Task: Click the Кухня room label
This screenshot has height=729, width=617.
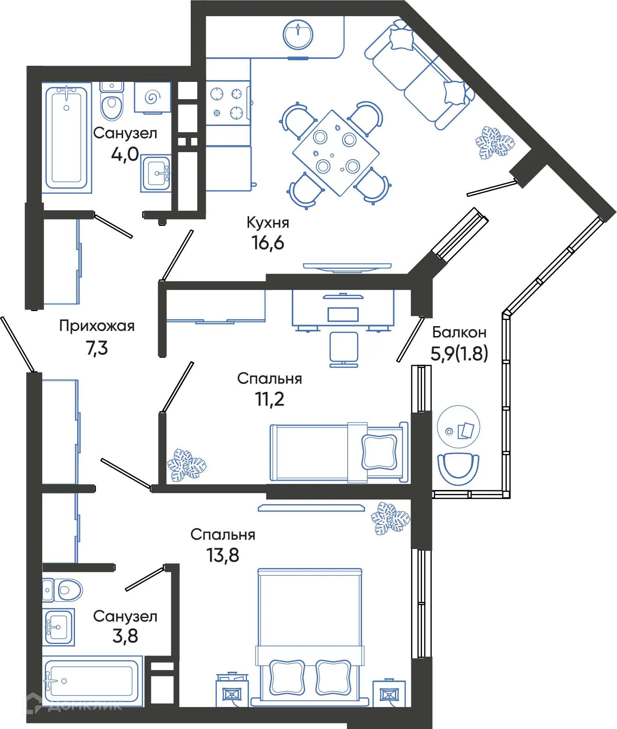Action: (268, 223)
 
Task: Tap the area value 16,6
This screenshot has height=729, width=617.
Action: (268, 243)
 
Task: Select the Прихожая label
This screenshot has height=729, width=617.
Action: (97, 326)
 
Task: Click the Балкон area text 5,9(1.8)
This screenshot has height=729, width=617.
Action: (459, 354)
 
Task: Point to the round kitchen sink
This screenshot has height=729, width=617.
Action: (298, 35)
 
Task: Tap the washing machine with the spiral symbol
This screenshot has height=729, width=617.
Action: (153, 97)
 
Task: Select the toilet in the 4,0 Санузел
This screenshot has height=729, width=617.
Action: (112, 105)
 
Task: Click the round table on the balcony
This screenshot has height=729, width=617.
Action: (458, 427)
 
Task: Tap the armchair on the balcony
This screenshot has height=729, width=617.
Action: (458, 465)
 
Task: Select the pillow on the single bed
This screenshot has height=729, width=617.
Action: (379, 452)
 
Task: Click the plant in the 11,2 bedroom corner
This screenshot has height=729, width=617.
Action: (186, 465)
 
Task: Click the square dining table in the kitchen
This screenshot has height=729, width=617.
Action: (336, 153)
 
